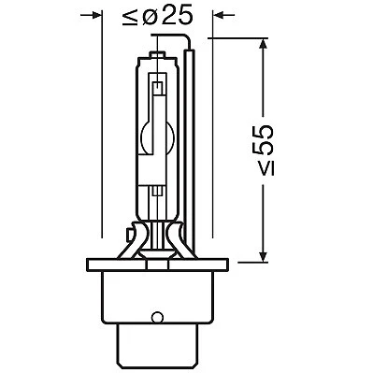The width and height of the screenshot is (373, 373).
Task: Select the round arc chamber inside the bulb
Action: tap(157, 136)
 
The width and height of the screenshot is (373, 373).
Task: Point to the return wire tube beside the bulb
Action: tap(190, 140)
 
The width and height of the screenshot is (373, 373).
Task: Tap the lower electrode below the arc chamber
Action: tap(157, 178)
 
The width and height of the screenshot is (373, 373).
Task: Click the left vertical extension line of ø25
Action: tap(102, 140)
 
